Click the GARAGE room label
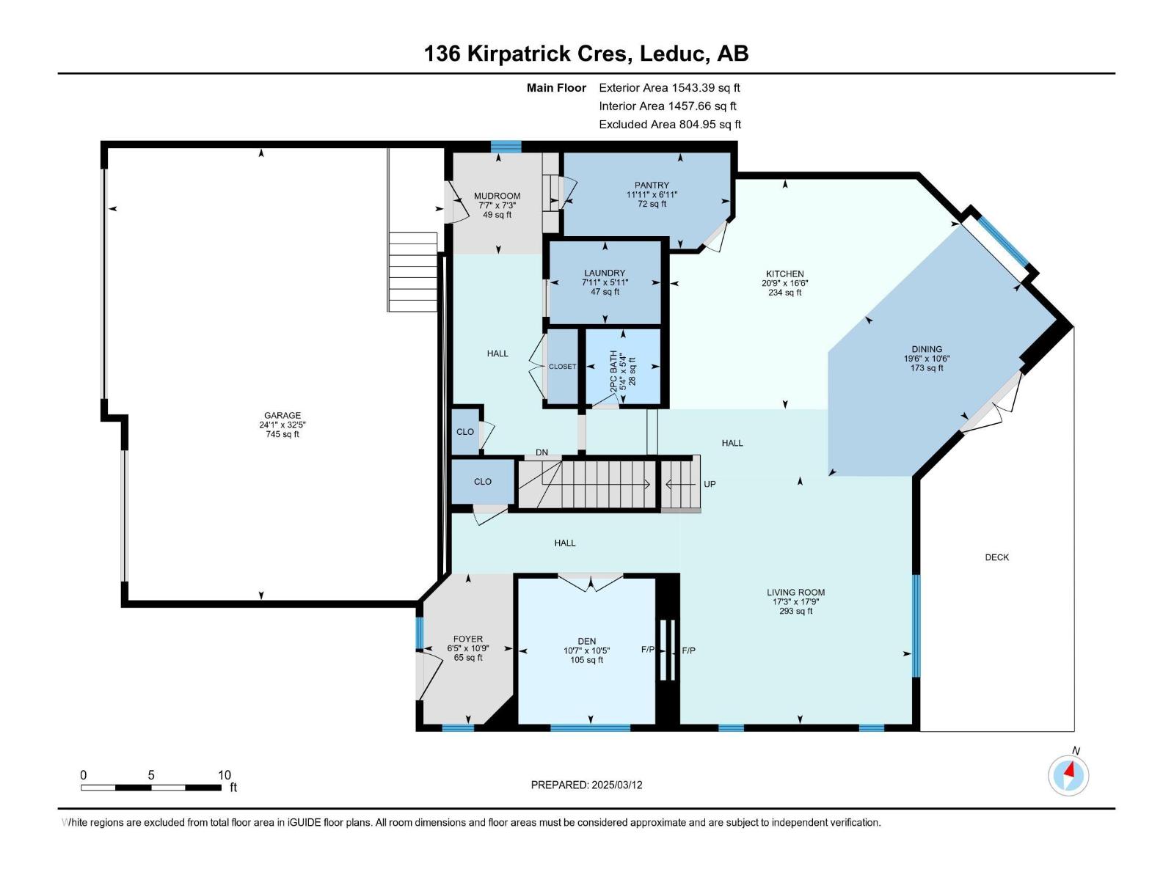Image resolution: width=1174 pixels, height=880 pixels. point(282,415)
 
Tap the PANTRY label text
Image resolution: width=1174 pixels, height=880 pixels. point(652,186)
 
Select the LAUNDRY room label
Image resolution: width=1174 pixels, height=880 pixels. point(605,273)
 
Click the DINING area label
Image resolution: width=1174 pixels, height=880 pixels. point(927,350)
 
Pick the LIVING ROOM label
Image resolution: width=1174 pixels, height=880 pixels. point(796,592)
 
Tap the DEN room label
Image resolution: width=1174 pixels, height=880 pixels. point(587,641)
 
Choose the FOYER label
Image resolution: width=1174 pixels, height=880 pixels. point(468,639)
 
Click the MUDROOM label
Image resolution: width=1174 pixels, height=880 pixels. point(497,196)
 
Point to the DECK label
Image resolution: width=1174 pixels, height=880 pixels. point(997,557)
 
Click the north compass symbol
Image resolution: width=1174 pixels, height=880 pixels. point(1068,775)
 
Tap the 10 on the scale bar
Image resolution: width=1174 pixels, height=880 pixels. point(224,774)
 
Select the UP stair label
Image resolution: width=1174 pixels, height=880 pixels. point(710,484)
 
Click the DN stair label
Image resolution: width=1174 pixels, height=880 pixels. point(542,452)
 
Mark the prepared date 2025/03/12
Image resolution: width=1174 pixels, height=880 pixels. point(616,785)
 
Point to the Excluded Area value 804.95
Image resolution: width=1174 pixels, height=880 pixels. point(698,125)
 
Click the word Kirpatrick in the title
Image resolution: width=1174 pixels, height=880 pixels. point(546,54)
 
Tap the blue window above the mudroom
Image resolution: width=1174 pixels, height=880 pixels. point(506,146)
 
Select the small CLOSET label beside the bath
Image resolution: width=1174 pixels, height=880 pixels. point(563,367)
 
